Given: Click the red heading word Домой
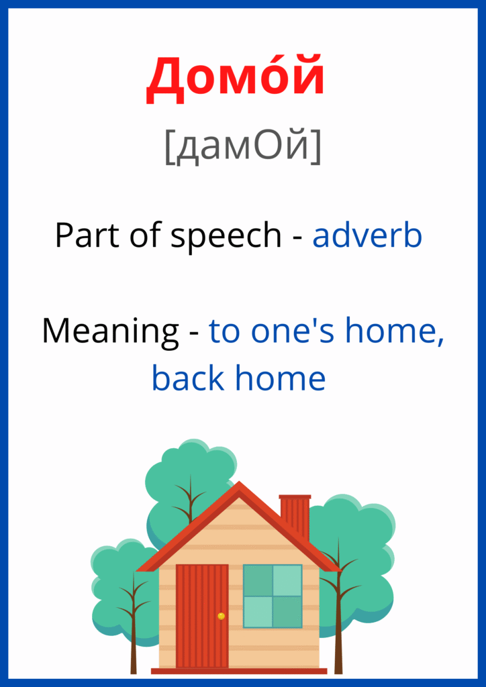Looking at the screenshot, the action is pyautogui.click(x=236, y=80).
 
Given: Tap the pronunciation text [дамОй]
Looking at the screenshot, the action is pyautogui.click(x=243, y=148).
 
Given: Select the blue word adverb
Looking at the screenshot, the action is pyautogui.click(x=367, y=235).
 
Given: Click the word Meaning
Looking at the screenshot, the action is pyautogui.click(x=111, y=331).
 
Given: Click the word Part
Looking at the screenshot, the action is pyautogui.click(x=88, y=235).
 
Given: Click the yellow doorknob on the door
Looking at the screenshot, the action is pyautogui.click(x=222, y=616).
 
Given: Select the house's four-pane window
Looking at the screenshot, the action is pyautogui.click(x=273, y=596).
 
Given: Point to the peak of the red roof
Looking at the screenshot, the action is pyautogui.click(x=239, y=482).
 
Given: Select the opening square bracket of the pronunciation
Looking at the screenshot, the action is pyautogui.click(x=169, y=148).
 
